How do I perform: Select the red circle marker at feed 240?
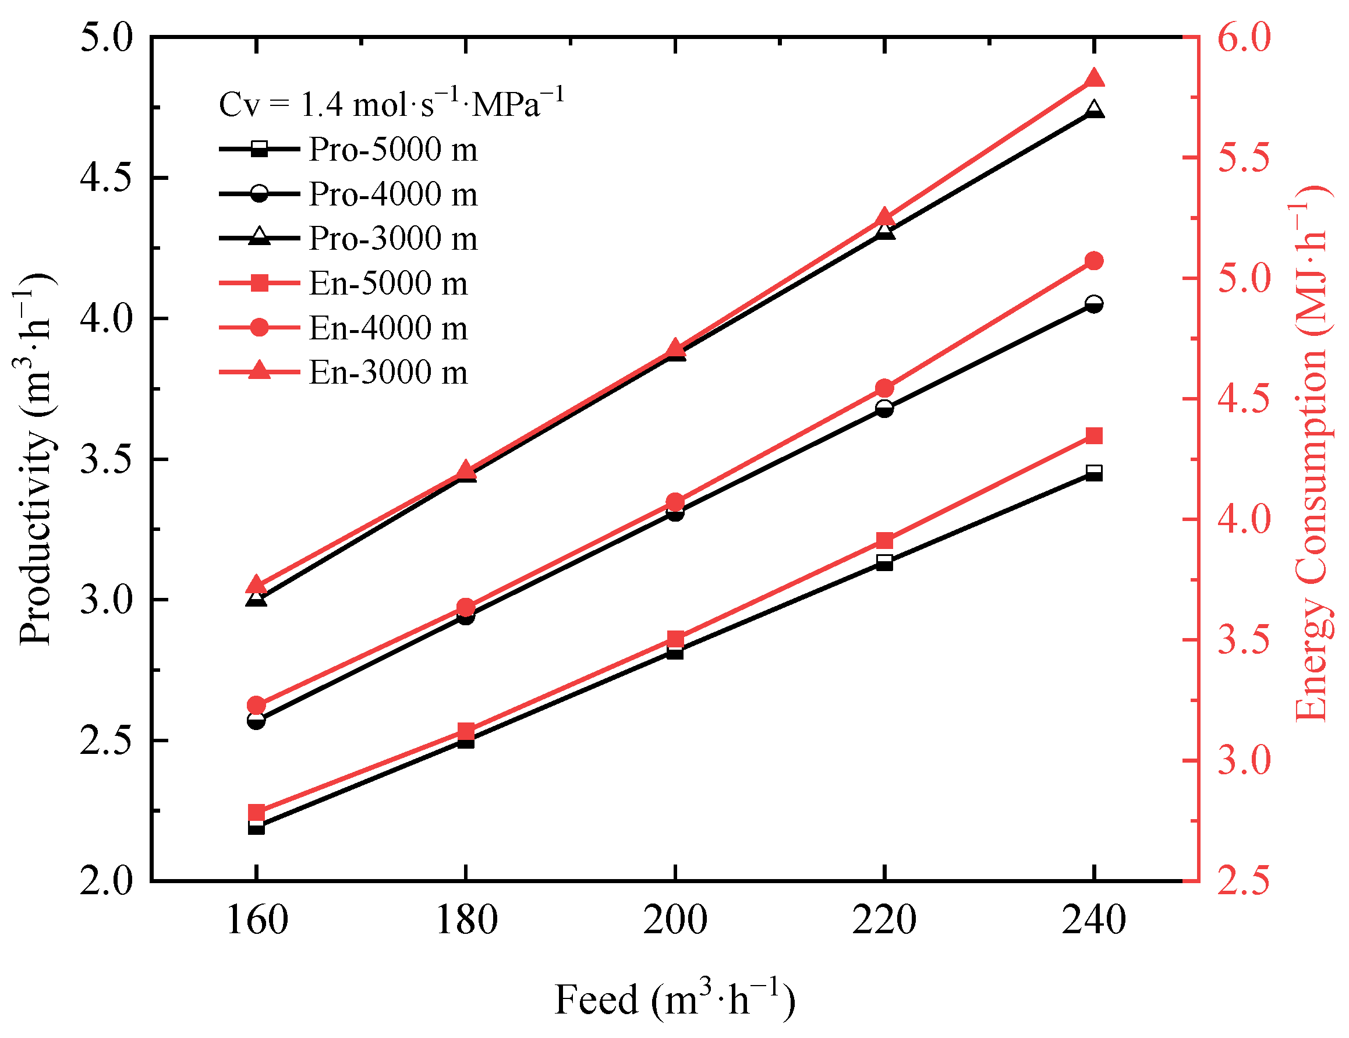click(1094, 261)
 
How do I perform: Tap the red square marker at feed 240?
click(1094, 436)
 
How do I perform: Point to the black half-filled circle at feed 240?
click(1094, 304)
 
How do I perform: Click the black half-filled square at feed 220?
click(884, 562)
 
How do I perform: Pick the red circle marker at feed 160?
click(256, 705)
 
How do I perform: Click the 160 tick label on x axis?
click(257, 920)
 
